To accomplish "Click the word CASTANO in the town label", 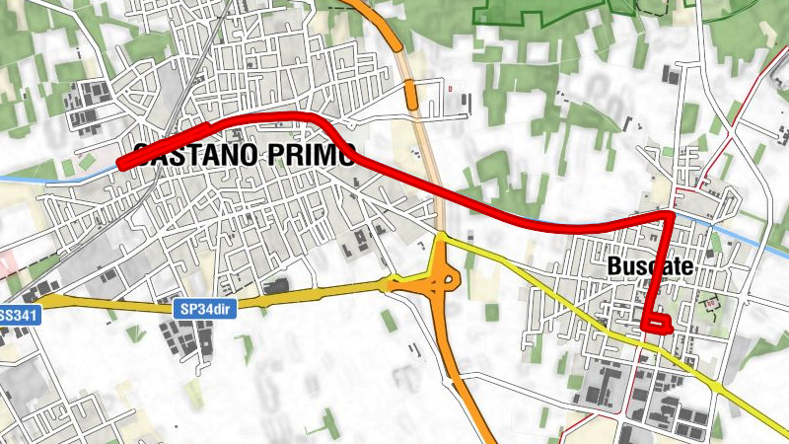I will [193, 155].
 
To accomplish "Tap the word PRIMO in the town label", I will [310, 155].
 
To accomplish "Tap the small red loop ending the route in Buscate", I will [656, 322].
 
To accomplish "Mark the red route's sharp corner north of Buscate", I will [671, 214].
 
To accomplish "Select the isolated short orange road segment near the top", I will [411, 96].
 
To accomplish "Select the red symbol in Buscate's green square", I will [710, 303].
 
